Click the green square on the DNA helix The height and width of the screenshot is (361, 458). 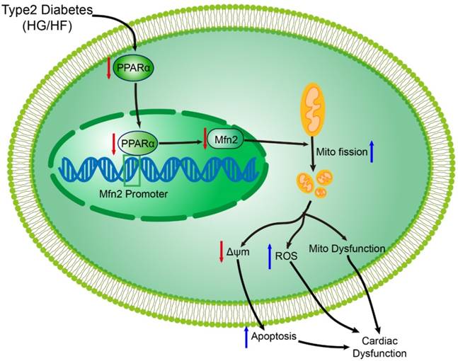point(132,170)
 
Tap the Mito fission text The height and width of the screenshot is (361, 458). point(337,151)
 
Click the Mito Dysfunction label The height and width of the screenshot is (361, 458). point(346,248)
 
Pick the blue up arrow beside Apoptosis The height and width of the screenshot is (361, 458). point(246,337)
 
